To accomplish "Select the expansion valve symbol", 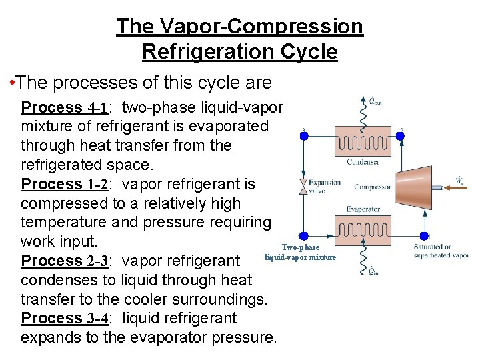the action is point(304,186).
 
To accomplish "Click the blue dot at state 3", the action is point(303,135).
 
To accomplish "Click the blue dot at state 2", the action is point(400,135).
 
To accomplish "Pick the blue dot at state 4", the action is point(303,236).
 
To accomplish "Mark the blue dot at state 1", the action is point(424,236).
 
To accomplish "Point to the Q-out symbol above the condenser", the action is point(375,102).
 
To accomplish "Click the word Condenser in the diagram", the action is point(363,162).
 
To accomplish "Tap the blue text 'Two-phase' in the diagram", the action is point(301,247).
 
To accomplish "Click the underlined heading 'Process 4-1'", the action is point(61,107).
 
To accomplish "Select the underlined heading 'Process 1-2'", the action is point(61,184).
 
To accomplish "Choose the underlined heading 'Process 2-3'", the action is point(61,261).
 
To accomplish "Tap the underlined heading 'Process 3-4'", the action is point(61,318).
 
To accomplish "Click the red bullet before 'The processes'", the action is point(13,83).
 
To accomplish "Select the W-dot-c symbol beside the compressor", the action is point(459,180).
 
